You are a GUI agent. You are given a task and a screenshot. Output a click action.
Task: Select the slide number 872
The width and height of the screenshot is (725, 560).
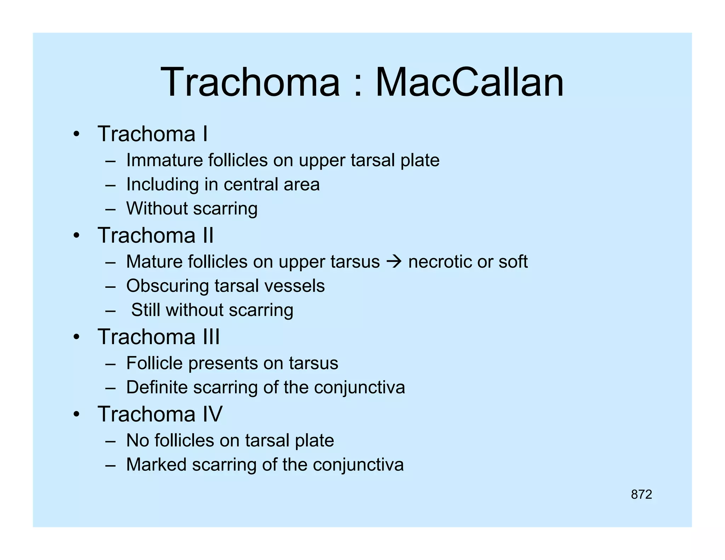pyautogui.click(x=641, y=494)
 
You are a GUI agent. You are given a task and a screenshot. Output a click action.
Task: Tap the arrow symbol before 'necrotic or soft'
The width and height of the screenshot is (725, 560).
pyautogui.click(x=394, y=262)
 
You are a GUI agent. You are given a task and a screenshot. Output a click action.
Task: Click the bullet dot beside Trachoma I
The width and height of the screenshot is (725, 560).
pyautogui.click(x=76, y=135)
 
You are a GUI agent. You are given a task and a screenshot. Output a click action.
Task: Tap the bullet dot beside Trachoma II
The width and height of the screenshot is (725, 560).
pyautogui.click(x=76, y=236)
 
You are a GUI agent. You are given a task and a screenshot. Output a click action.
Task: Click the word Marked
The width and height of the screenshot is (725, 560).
pyautogui.click(x=156, y=464)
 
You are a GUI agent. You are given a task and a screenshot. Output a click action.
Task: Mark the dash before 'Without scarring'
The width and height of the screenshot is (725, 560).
pyautogui.click(x=110, y=209)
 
